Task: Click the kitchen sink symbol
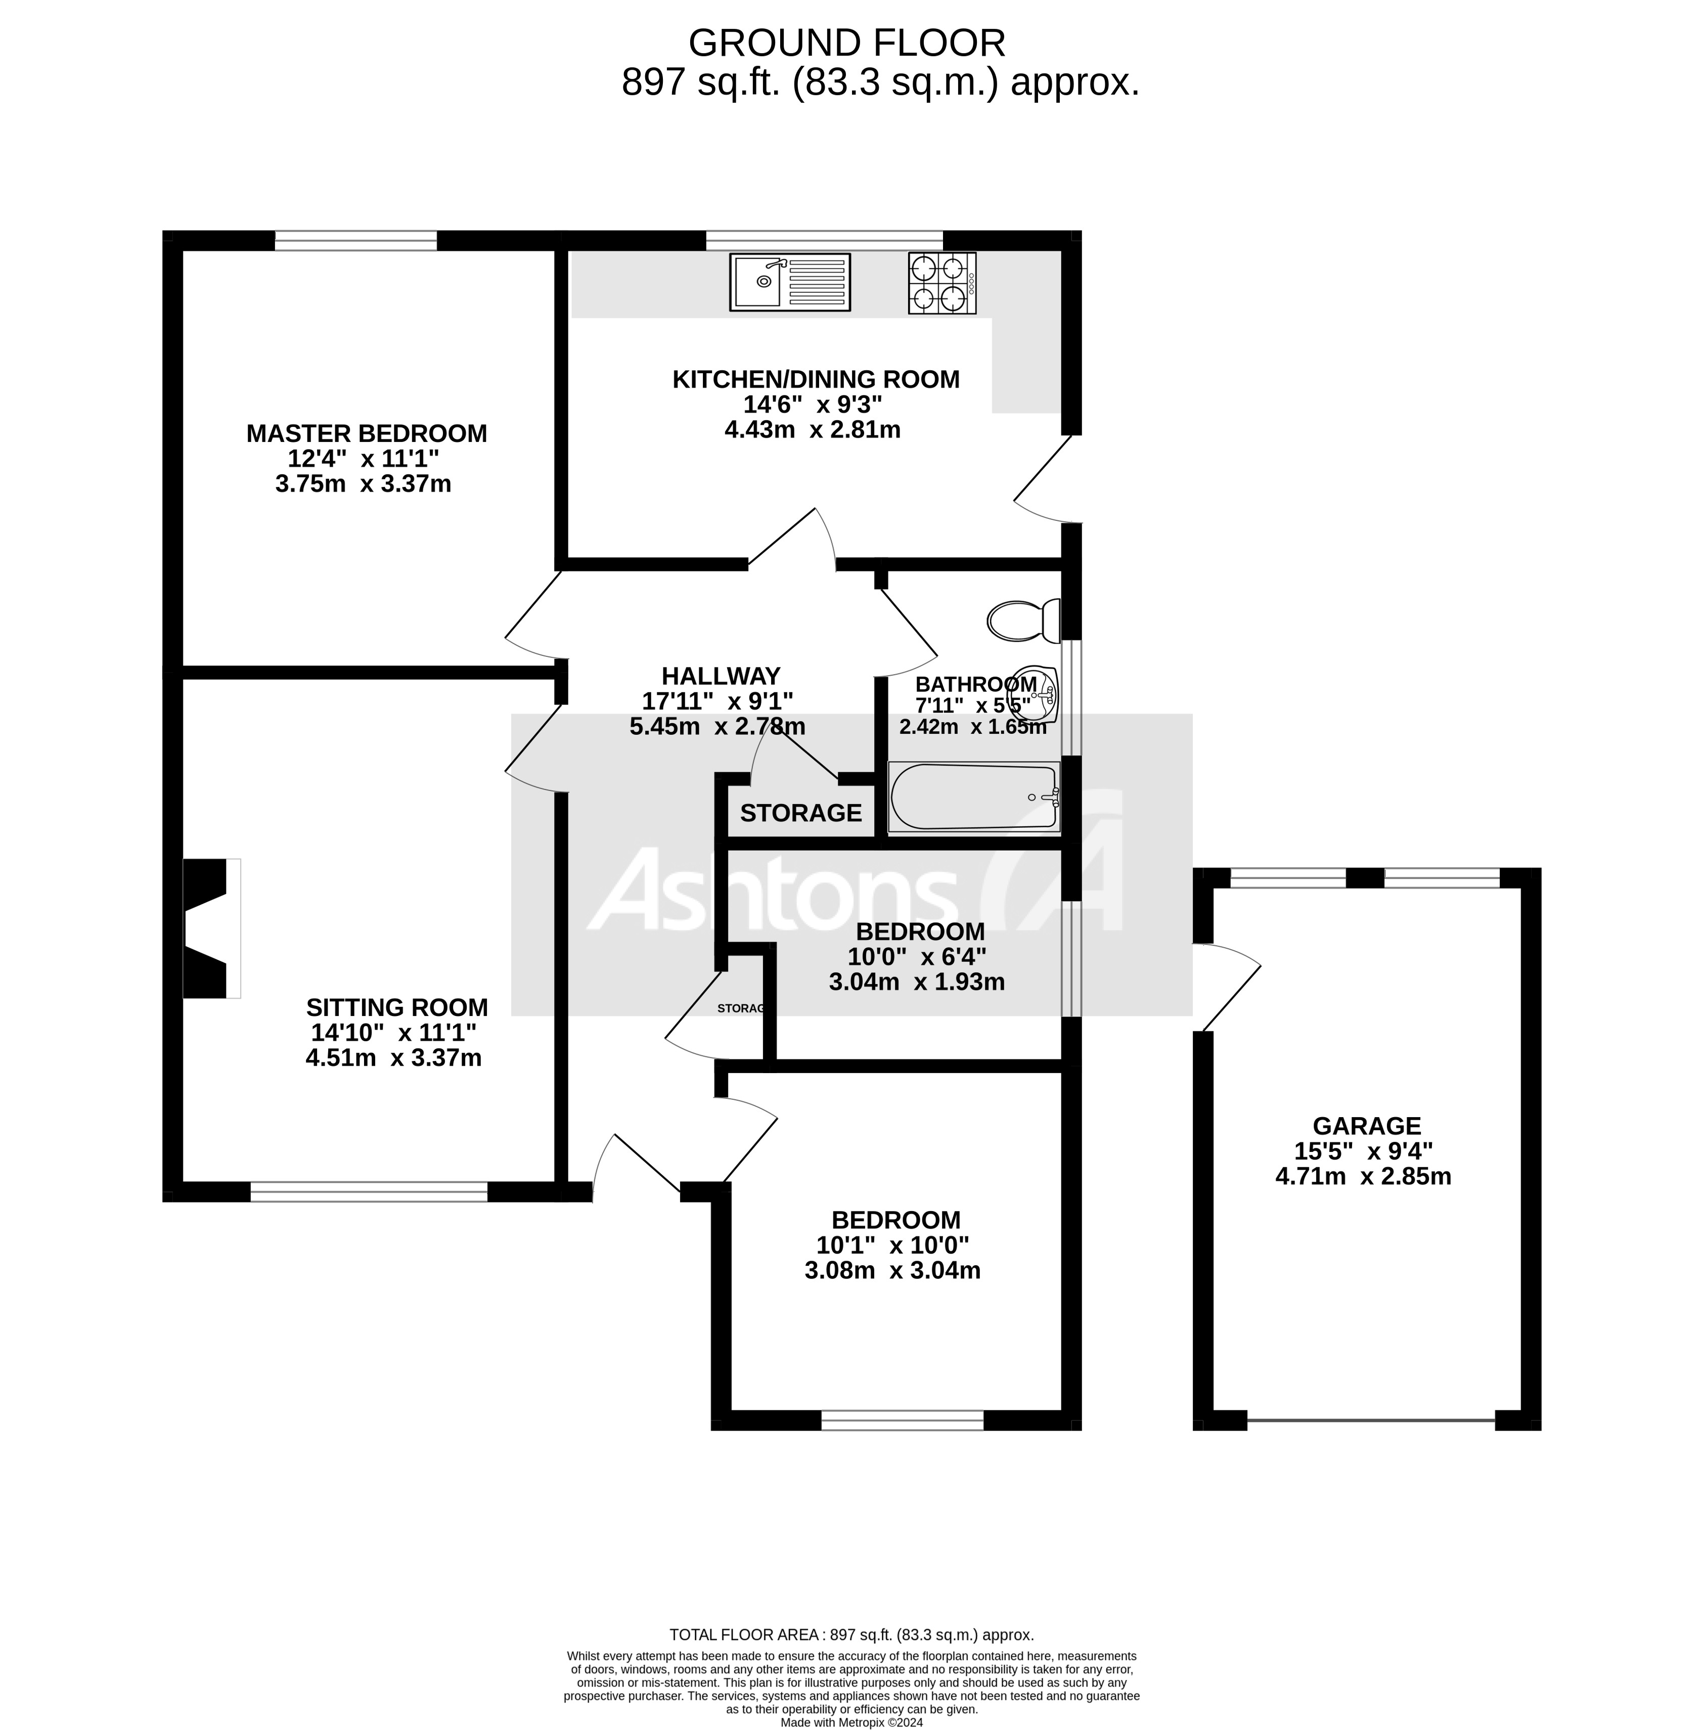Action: point(789,282)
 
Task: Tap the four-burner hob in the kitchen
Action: point(941,282)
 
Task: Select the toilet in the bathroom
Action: point(1023,620)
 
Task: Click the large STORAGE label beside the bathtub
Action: point(800,813)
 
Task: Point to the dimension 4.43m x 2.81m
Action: point(812,429)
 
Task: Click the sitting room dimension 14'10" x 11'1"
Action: point(394,1032)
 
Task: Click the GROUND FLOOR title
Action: point(846,43)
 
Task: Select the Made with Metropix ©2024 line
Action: point(851,1722)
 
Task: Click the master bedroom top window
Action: point(355,240)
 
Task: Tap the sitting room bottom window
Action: point(369,1191)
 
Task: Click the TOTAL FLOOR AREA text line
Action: point(851,1634)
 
